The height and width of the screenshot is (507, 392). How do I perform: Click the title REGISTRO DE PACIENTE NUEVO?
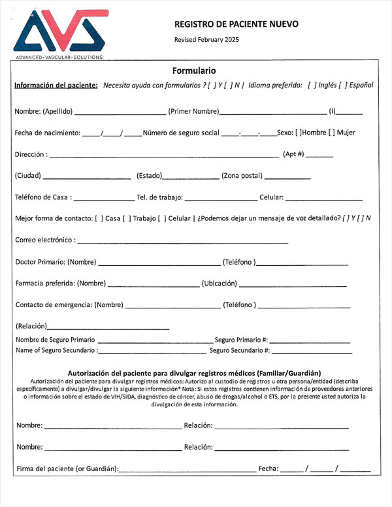tap(236, 24)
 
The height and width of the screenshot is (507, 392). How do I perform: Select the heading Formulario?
tap(194, 71)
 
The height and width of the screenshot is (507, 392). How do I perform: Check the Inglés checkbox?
tap(312, 86)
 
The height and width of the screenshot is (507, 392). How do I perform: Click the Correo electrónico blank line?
tap(182, 242)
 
